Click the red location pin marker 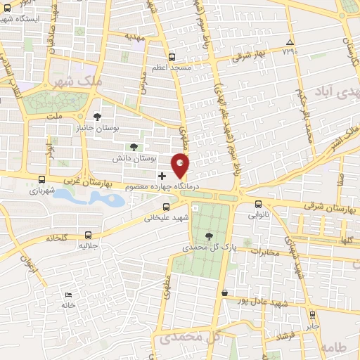click(181, 166)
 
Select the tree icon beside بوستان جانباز click(97, 116)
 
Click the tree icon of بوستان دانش click(134, 147)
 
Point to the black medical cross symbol click(162, 174)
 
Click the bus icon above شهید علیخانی click(166, 207)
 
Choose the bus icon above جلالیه click(88, 236)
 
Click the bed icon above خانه click(67, 295)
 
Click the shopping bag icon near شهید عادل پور click(224, 292)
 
